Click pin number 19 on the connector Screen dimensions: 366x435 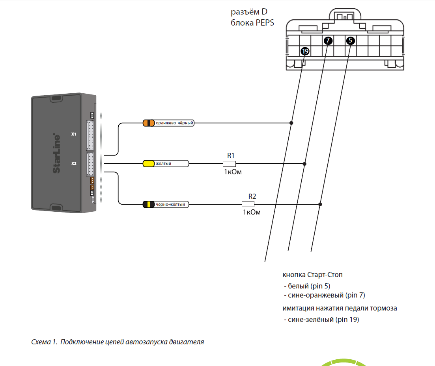(305, 51)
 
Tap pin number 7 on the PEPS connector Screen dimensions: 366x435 (328, 40)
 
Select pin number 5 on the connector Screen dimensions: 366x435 (351, 40)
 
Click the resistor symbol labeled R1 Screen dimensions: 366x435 (229, 164)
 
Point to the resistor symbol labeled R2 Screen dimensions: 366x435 (248, 204)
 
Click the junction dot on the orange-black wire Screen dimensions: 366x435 (291, 123)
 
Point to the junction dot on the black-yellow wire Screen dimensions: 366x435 (320, 204)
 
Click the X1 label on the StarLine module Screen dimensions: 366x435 (73, 134)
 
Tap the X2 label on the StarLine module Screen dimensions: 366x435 (73, 163)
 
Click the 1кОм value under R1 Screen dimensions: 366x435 (233, 172)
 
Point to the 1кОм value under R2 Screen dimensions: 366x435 (252, 213)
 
